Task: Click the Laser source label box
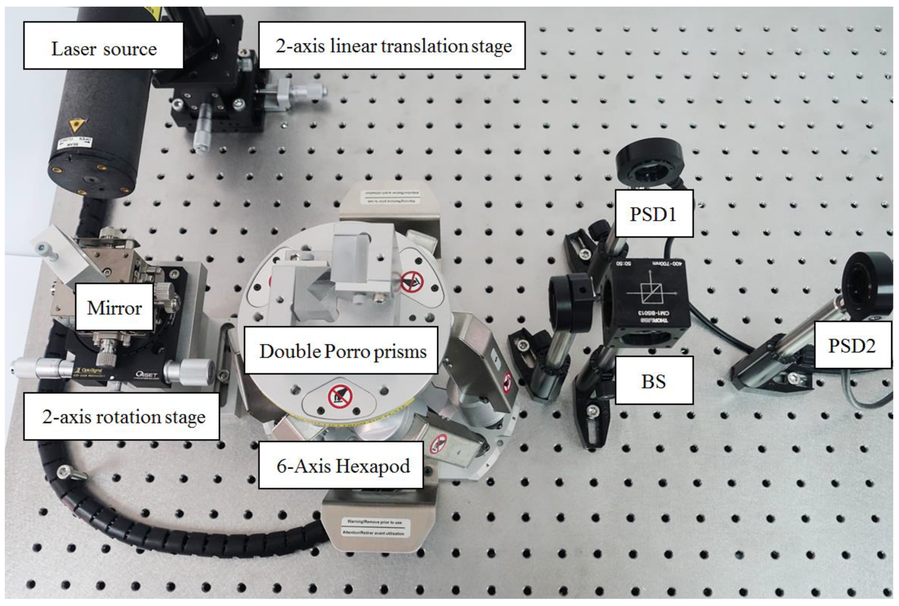[103, 45]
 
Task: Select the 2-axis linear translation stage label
[392, 45]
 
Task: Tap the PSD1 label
[653, 213]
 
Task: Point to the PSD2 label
[852, 345]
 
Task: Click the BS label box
[653, 381]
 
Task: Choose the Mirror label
[114, 307]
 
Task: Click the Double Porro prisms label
[341, 350]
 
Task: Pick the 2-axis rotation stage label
[122, 416]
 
